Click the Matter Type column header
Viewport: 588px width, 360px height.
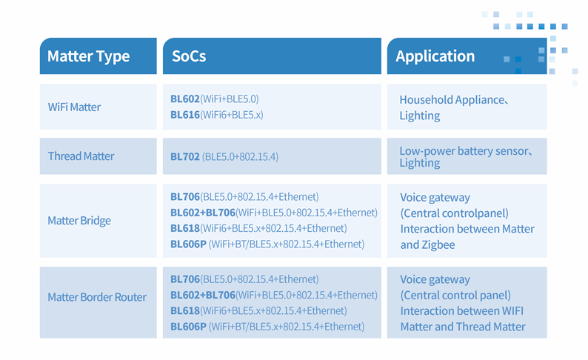click(89, 56)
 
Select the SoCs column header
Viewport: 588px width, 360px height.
click(189, 56)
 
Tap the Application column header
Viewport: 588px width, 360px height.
click(435, 56)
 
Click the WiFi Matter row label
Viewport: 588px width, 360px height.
click(74, 107)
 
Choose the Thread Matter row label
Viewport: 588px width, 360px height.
click(81, 156)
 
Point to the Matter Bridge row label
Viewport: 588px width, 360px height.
click(79, 221)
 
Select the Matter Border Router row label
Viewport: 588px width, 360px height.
click(97, 297)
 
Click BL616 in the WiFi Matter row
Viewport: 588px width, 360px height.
click(185, 115)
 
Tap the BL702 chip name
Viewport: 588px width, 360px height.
click(185, 156)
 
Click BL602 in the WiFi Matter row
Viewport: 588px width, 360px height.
click(185, 99)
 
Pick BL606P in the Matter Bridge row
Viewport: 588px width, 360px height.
click(188, 244)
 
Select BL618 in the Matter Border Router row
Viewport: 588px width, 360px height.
click(185, 311)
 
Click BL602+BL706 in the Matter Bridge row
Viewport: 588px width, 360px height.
click(203, 213)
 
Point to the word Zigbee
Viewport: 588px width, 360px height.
click(438, 245)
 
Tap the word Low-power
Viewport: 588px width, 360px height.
click(427, 151)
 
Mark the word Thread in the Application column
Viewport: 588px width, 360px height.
click(473, 327)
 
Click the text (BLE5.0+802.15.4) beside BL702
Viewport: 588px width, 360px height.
click(240, 156)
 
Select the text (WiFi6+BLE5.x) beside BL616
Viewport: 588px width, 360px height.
click(232, 115)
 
